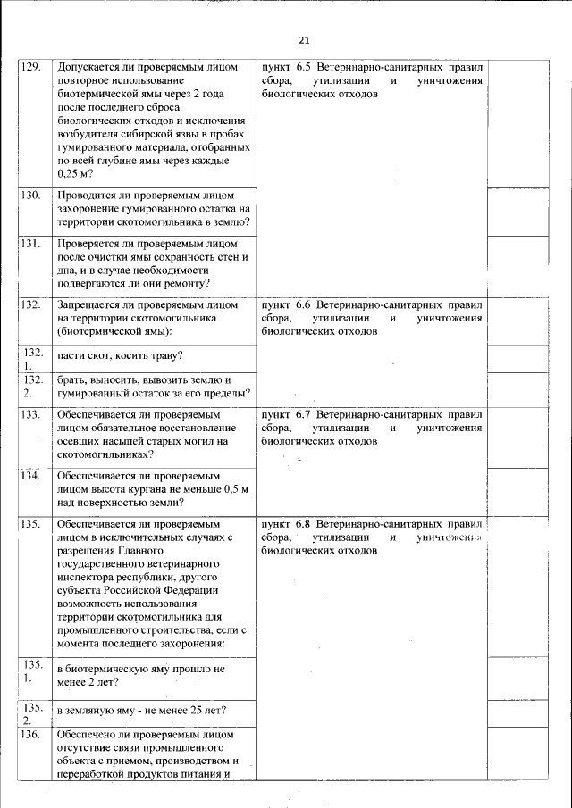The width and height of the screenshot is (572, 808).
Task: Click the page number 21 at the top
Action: (x=303, y=40)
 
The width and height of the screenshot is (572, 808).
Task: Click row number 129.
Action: (x=30, y=68)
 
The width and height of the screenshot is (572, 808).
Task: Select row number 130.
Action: (x=30, y=194)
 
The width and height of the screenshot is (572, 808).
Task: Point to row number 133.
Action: (x=30, y=415)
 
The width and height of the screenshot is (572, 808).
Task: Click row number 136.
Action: (x=30, y=735)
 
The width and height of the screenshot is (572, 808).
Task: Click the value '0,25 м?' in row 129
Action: (x=75, y=173)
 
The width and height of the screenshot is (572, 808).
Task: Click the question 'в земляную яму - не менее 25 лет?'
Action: (x=140, y=711)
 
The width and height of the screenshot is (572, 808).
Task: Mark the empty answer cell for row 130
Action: (x=518, y=211)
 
